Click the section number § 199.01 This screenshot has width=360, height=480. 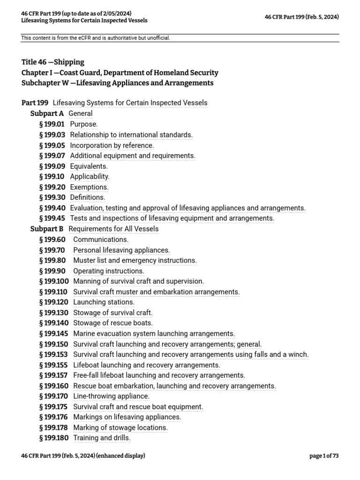52,124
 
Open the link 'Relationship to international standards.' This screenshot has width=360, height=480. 131,135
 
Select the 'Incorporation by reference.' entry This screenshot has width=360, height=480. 112,145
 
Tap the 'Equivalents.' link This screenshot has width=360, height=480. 89,166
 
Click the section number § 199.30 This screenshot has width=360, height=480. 52,197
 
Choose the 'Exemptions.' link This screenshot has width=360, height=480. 89,187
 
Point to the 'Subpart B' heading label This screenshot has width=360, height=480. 47,229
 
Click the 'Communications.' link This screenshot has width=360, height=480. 101,240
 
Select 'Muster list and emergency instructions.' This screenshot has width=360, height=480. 135,260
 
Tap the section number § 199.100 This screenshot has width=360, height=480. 54,281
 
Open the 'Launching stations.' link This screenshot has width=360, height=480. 104,302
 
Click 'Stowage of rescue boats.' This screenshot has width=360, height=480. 113,323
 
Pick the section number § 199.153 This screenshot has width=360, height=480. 54,354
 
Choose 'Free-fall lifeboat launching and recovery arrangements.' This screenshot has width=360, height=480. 159,375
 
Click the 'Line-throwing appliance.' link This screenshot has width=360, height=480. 111,396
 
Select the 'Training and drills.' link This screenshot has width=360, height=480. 102,438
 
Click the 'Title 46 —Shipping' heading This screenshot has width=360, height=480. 53,62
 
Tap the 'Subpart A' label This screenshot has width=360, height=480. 47,113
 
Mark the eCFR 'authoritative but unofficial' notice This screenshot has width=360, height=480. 96,38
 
